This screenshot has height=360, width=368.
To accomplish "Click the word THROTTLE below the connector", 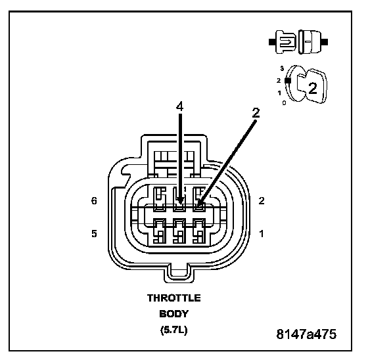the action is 174,298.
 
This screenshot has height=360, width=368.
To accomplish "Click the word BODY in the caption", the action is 174,314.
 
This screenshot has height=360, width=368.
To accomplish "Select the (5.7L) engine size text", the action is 174,330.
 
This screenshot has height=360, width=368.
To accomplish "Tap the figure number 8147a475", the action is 306,334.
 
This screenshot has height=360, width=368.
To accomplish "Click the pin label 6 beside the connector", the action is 94,201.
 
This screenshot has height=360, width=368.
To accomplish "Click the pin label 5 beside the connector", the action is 94,234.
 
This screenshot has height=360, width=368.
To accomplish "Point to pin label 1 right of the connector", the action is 262,234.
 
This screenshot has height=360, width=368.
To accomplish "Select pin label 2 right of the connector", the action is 262,201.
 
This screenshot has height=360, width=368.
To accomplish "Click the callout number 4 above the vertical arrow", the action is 179,107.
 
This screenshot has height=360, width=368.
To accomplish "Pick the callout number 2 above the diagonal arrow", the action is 256,113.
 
